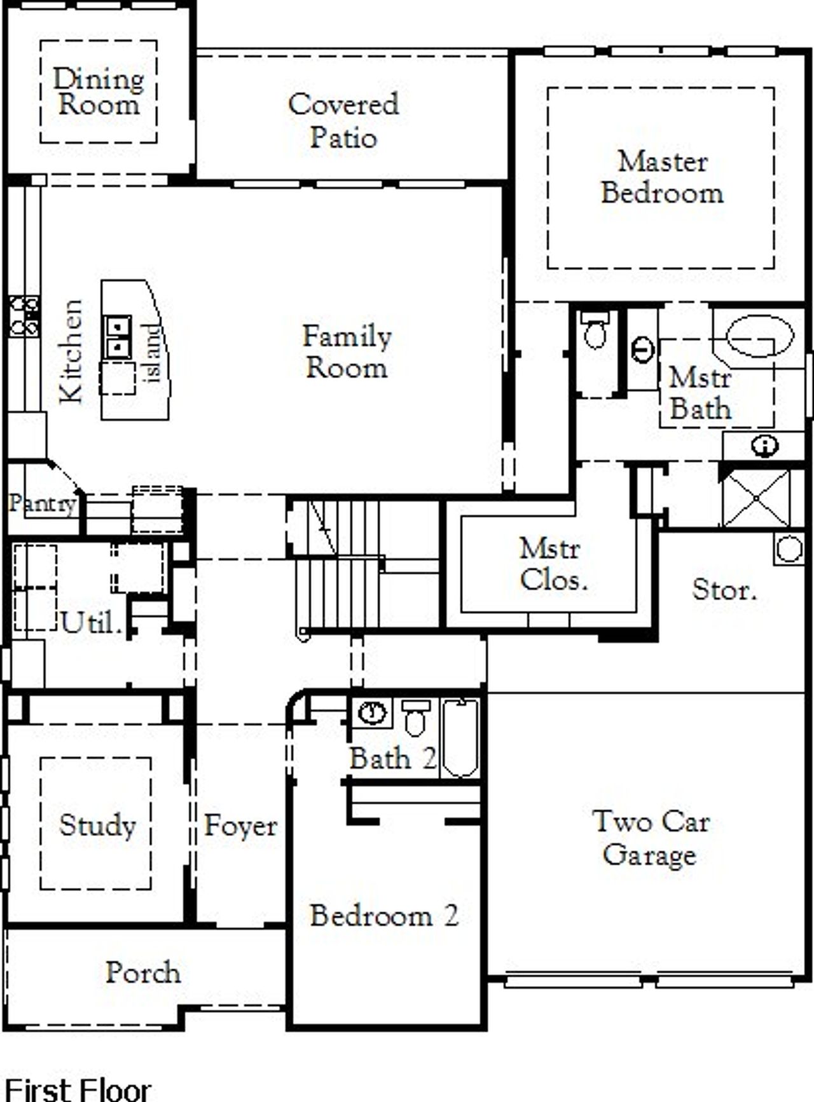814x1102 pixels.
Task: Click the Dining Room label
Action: pyautogui.click(x=98, y=92)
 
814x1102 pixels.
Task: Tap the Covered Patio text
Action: pyautogui.click(x=343, y=121)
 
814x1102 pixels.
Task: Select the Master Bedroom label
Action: pyautogui.click(x=662, y=177)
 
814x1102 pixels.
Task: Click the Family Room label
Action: pyautogui.click(x=347, y=351)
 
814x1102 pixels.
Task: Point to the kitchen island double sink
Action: pyautogui.click(x=118, y=337)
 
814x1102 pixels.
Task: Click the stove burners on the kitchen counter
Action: pyautogui.click(x=24, y=316)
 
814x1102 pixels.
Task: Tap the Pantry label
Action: pyautogui.click(x=42, y=504)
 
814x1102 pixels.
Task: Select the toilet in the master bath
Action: pyautogui.click(x=595, y=330)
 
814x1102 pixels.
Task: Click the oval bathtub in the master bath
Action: pyautogui.click(x=759, y=337)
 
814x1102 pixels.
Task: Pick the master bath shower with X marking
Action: pyautogui.click(x=757, y=498)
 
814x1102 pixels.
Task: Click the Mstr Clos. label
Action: pyautogui.click(x=551, y=564)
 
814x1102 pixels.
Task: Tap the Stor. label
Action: pyautogui.click(x=724, y=590)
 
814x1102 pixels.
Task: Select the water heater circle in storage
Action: pyautogui.click(x=789, y=549)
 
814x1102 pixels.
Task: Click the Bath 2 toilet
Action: pyautogui.click(x=416, y=718)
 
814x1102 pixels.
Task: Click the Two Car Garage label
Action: pyautogui.click(x=650, y=838)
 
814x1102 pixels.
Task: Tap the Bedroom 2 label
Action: pyautogui.click(x=384, y=916)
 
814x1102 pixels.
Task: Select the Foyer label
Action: pyautogui.click(x=240, y=826)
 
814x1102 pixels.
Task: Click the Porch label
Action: pyautogui.click(x=142, y=973)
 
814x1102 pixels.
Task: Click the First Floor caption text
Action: pyautogui.click(x=78, y=1089)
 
